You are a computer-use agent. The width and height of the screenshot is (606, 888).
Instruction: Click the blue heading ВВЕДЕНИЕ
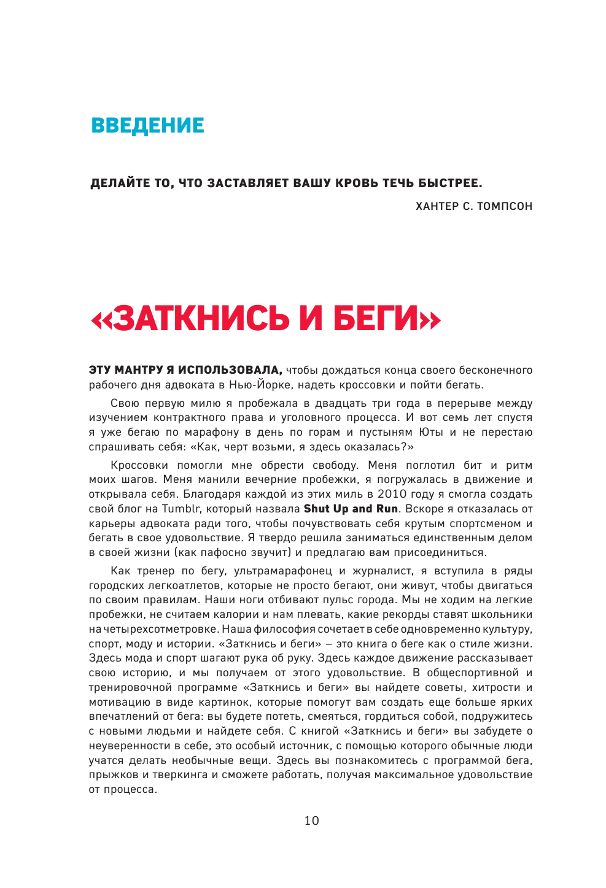[x=147, y=125]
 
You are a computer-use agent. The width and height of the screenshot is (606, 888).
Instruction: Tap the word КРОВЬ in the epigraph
[x=356, y=183]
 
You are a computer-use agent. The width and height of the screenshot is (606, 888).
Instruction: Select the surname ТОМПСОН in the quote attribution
[x=505, y=206]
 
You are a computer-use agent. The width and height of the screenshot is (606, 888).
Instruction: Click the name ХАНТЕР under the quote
[x=437, y=206]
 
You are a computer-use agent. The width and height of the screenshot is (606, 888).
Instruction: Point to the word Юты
[x=430, y=432]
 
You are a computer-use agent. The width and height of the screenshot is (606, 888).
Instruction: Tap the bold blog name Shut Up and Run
[x=351, y=509]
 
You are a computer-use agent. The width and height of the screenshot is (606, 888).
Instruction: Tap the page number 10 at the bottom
[x=312, y=821]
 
